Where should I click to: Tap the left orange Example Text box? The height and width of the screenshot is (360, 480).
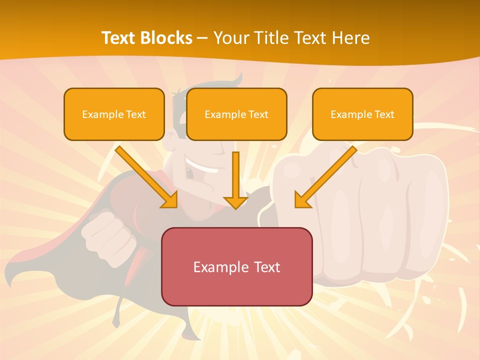114,114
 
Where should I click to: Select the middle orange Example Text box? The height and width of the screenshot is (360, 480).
236,114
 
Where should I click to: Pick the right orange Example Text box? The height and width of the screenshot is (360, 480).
362,114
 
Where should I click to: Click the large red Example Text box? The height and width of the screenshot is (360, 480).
236,266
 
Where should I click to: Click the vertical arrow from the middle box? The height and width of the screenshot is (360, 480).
235,180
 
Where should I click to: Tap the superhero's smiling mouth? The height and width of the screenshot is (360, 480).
197,162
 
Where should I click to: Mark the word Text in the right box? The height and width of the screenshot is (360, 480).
384,114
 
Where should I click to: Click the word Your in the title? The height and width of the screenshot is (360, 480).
229,38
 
